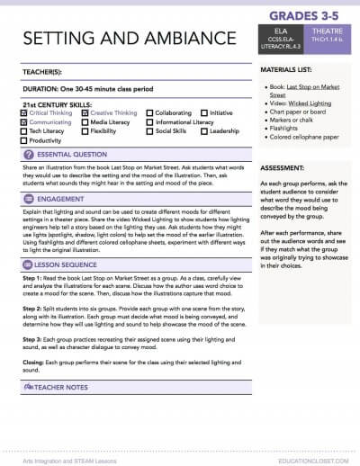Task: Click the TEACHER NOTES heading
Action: point(64,411)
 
